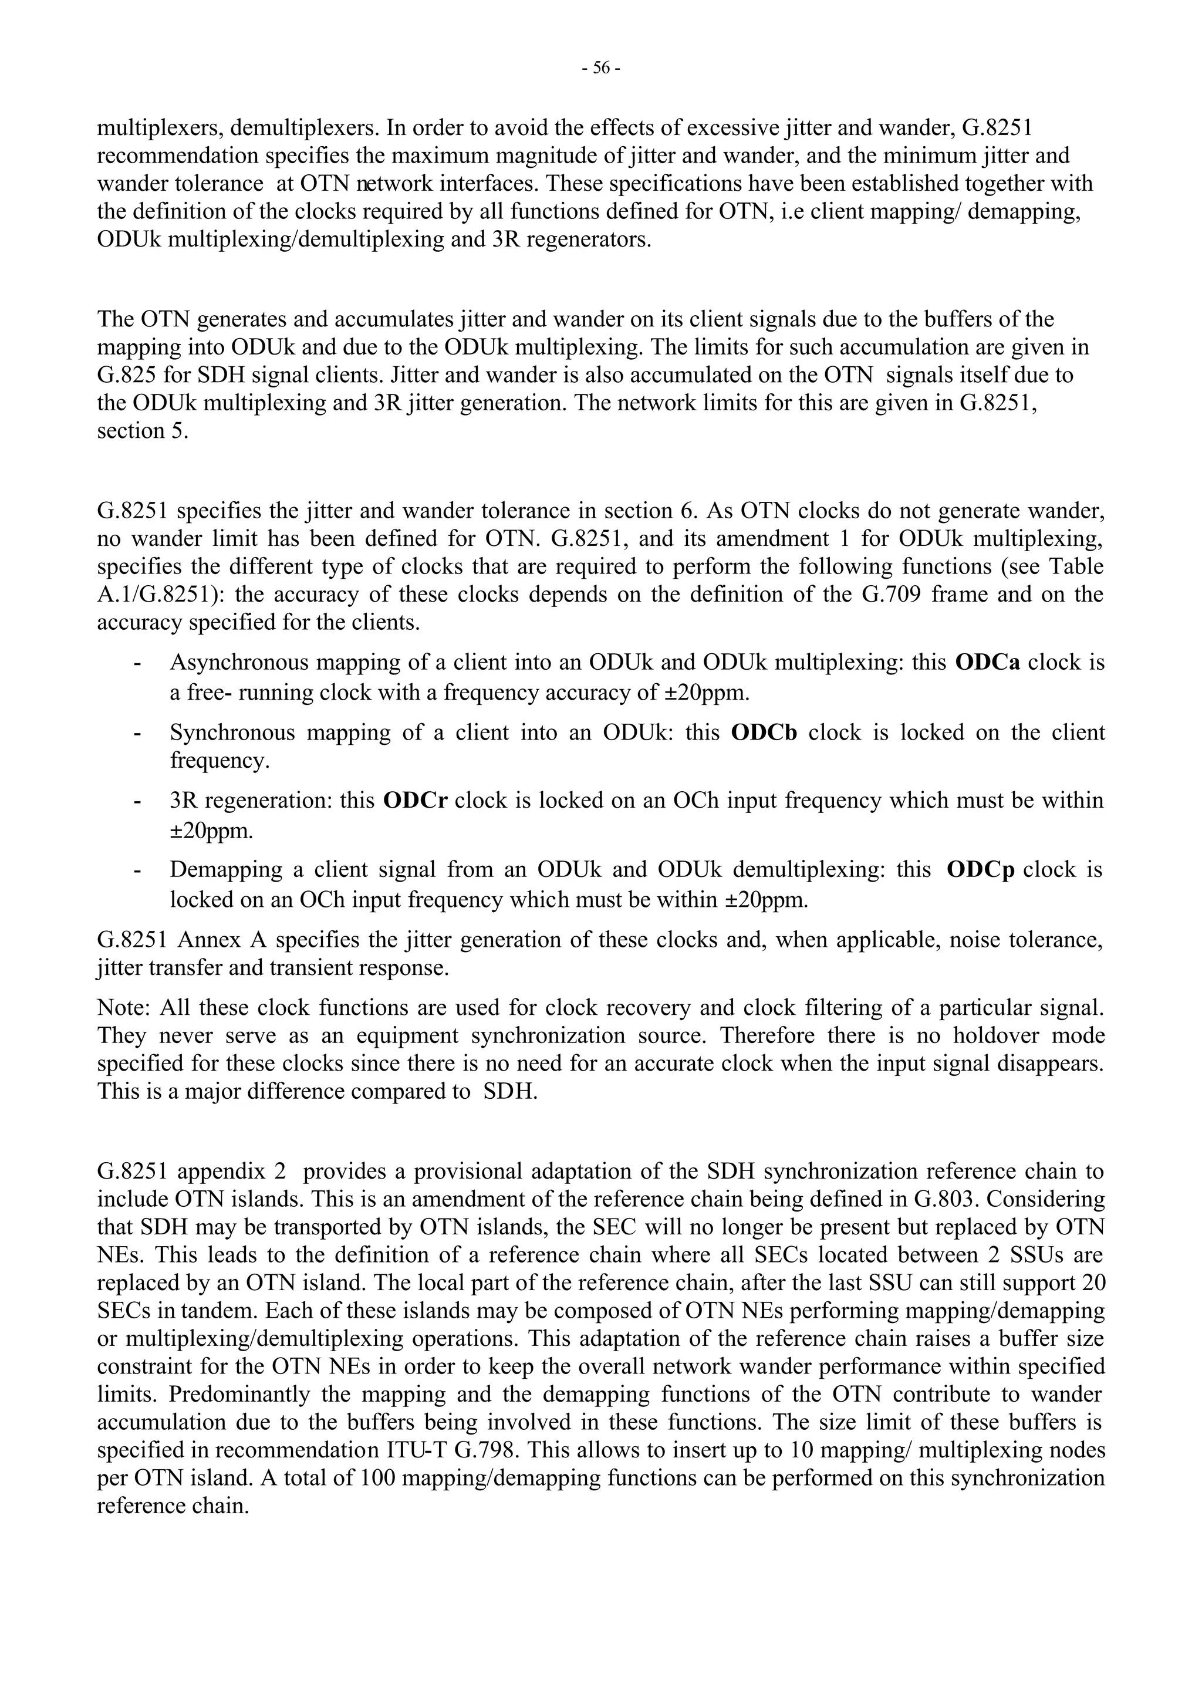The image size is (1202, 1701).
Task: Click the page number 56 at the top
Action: tap(600, 68)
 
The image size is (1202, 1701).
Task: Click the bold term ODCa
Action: tap(987, 662)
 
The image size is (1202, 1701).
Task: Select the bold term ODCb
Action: tap(764, 732)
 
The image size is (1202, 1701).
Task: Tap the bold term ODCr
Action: tap(415, 800)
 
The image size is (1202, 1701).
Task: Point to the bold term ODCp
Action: tap(981, 869)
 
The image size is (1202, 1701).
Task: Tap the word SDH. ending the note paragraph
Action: tap(509, 1091)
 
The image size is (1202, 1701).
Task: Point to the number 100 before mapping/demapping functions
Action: tap(376, 1478)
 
